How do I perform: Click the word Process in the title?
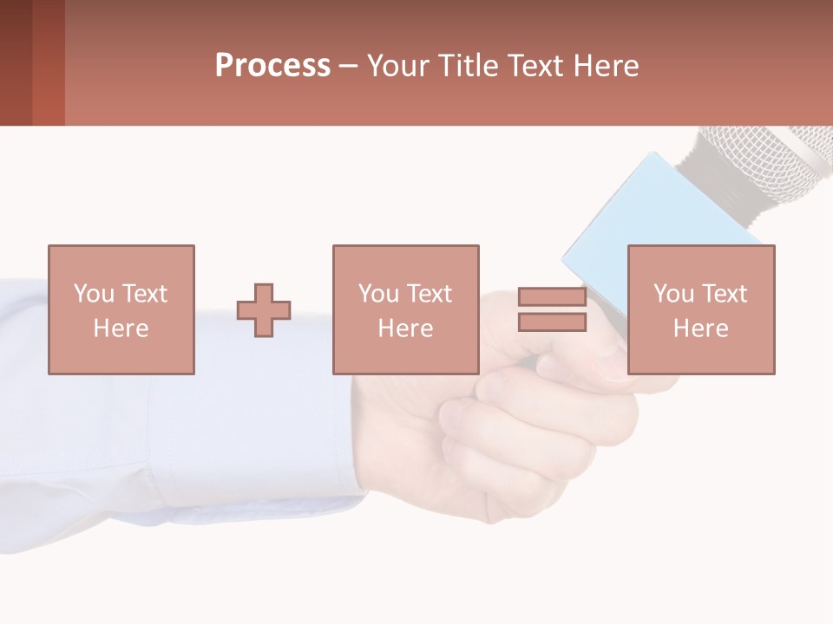[272, 66]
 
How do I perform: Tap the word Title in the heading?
[468, 66]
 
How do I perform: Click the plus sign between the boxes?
[264, 310]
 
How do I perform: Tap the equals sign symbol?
[552, 309]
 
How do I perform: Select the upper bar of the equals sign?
[552, 297]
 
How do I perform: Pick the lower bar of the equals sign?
[552, 322]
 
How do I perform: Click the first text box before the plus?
[121, 309]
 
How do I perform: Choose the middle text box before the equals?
[405, 309]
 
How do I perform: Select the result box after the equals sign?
[700, 309]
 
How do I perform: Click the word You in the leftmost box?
[94, 294]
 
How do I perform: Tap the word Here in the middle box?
[405, 328]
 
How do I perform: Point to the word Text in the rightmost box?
[723, 294]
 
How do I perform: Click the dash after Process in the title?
[348, 66]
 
